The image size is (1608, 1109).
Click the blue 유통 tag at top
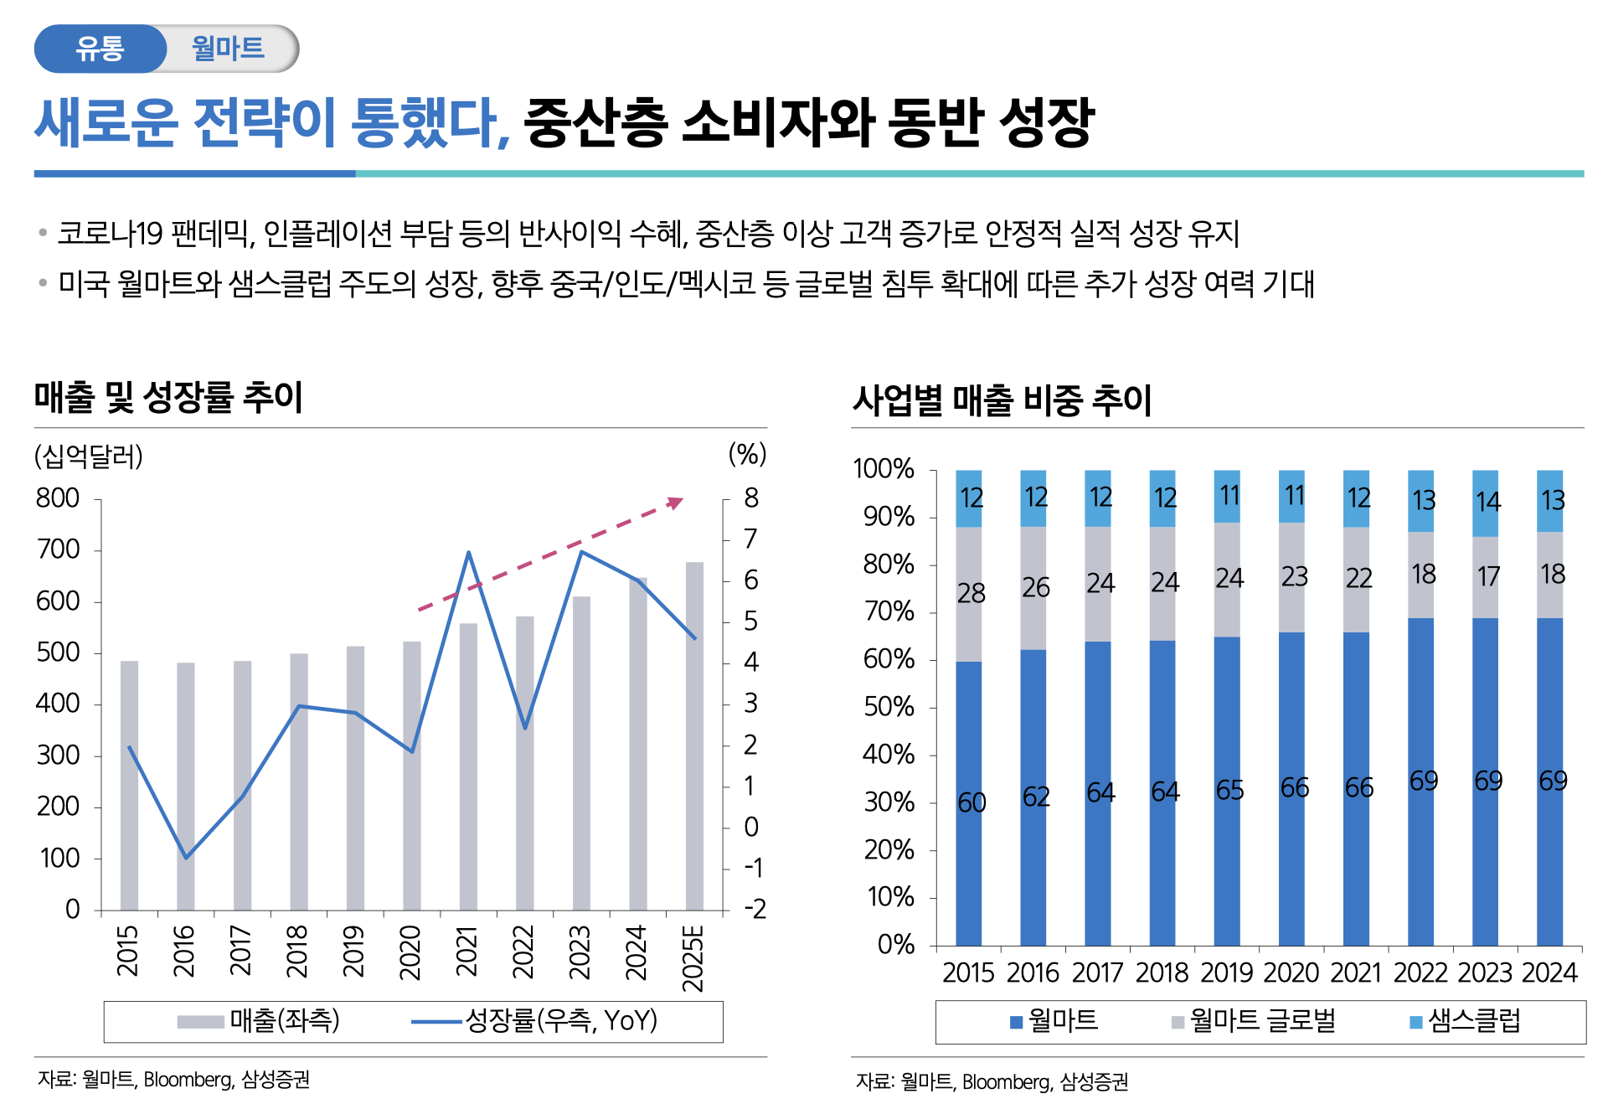(x=100, y=49)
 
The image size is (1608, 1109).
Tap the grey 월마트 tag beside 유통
(x=229, y=49)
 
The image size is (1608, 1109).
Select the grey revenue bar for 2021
(x=468, y=766)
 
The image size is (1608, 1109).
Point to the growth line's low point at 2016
(x=186, y=858)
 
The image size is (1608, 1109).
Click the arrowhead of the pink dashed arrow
(x=676, y=503)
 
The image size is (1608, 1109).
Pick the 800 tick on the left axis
(x=58, y=499)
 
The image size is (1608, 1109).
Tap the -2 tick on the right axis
(x=755, y=910)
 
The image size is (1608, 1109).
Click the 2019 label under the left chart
(x=354, y=952)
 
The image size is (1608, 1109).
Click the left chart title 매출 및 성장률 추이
(x=168, y=397)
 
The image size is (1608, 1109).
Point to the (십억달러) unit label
(x=88, y=456)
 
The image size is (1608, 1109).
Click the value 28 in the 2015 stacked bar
(x=971, y=594)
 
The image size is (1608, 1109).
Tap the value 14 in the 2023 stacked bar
(x=1487, y=503)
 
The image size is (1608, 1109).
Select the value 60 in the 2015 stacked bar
(x=971, y=803)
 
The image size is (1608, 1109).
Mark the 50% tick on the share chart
(x=889, y=708)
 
